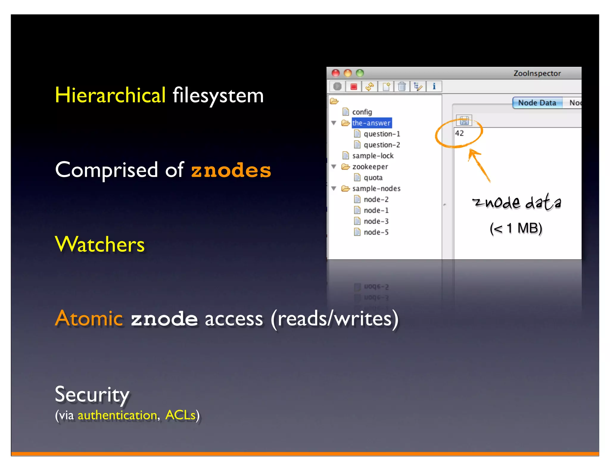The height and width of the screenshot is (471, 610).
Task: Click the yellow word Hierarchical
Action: tap(110, 95)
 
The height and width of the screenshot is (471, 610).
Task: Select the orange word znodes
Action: tap(231, 170)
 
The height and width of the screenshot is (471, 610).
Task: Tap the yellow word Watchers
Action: tap(100, 244)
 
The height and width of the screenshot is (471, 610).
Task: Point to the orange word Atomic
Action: tap(89, 318)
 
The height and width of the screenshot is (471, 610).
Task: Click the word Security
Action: tap(92, 394)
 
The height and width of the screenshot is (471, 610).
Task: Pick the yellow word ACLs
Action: tap(180, 415)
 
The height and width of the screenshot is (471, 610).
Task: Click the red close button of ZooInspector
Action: tap(336, 73)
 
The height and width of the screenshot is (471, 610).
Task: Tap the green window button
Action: tap(360, 73)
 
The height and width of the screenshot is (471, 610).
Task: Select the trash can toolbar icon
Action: tap(402, 87)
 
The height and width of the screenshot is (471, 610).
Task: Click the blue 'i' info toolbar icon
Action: tap(434, 87)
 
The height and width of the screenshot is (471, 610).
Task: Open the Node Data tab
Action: tap(537, 103)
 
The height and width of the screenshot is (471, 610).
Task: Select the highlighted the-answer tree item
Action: tap(371, 123)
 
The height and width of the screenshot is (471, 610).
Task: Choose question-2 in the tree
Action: tap(382, 145)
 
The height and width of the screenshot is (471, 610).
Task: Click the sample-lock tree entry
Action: tap(373, 156)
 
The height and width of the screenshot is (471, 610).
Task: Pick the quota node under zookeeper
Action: tap(373, 178)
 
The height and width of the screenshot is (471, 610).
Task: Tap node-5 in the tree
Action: tap(376, 232)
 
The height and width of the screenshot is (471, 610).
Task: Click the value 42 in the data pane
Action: tap(459, 133)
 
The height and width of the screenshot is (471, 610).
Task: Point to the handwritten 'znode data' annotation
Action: tap(517, 202)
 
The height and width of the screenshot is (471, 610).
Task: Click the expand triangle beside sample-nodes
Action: tap(334, 188)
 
